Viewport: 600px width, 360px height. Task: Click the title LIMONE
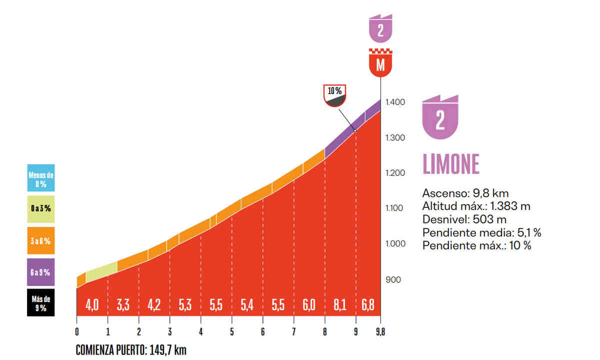(451, 163)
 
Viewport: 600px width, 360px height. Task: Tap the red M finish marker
(380, 63)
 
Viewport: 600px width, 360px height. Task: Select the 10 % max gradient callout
(335, 96)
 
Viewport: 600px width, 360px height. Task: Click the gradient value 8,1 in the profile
(340, 305)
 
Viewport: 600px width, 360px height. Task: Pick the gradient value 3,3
(123, 305)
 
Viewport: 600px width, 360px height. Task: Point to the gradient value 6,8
(367, 305)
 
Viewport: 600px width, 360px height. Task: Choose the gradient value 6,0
(309, 305)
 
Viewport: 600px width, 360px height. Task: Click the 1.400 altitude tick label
(395, 102)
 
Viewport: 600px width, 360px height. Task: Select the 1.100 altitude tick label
(395, 208)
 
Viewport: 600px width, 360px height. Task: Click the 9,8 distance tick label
(380, 331)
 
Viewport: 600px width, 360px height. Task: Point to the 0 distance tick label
(77, 331)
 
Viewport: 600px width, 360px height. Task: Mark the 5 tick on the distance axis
(232, 331)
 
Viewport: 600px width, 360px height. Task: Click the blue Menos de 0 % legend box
(41, 177)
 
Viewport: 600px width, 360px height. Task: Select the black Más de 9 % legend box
(41, 302)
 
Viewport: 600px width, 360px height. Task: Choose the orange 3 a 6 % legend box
(41, 241)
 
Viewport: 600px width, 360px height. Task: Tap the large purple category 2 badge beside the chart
(440, 118)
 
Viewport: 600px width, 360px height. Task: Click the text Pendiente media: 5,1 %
(482, 232)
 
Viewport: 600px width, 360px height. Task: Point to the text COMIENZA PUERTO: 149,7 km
(131, 350)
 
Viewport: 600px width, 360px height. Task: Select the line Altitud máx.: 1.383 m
(476, 206)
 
